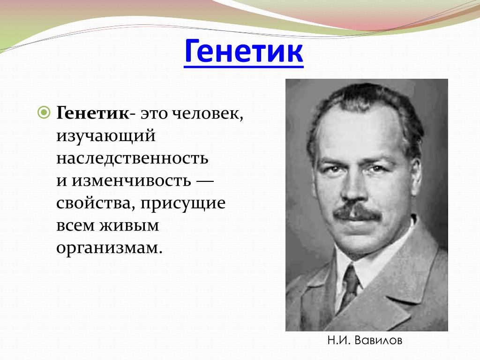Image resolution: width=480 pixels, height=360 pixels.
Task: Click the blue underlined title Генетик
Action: tap(244, 51)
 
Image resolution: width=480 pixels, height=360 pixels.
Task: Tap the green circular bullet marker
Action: tap(44, 112)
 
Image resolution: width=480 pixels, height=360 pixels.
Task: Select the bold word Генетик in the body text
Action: tap(93, 113)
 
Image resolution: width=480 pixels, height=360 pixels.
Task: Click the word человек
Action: tap(207, 114)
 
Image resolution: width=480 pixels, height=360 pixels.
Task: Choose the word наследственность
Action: tap(132, 158)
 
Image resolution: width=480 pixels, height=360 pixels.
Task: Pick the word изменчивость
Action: tap(131, 180)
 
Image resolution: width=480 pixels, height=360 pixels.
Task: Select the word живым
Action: tap(129, 225)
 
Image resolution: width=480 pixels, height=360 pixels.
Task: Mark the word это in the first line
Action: tap(154, 114)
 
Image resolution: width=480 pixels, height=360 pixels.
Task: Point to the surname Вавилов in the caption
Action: tap(378, 340)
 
